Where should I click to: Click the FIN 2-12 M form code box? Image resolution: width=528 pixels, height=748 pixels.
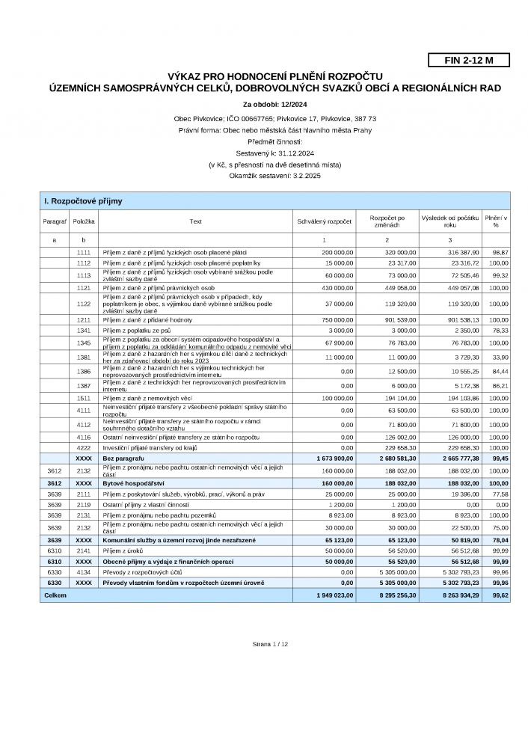[469, 61]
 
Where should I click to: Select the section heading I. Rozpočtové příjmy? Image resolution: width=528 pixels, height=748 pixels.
[83, 201]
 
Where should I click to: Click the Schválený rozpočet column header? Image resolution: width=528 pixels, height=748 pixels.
[324, 221]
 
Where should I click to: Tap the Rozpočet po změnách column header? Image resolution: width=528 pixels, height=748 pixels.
[387, 221]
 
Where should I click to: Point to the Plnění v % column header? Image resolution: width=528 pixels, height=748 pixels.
[495, 221]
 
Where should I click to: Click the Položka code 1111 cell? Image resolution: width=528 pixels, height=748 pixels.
[84, 253]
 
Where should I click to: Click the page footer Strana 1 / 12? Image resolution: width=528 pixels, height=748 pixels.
[270, 643]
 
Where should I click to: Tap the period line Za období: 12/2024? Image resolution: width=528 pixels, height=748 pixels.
[269, 105]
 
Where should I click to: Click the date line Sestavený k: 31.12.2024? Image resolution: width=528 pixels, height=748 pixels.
[269, 152]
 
